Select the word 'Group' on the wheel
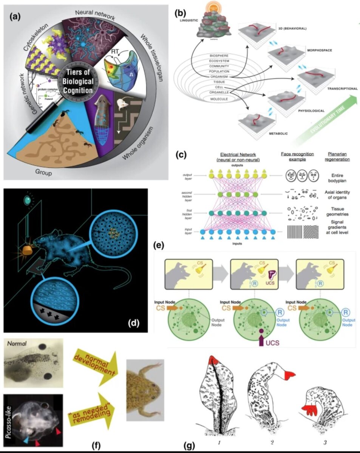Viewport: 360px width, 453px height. coord(44,173)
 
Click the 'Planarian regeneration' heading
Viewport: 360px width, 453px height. coord(337,156)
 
